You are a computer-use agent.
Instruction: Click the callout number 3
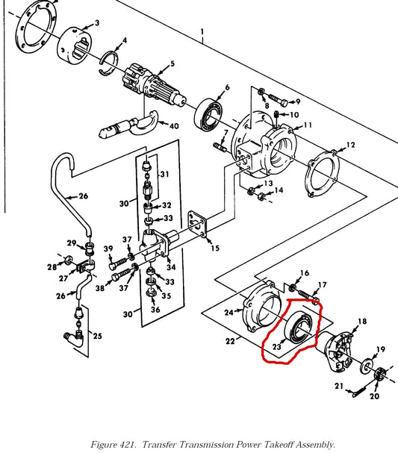(97, 22)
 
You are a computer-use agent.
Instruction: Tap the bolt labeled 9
(278, 100)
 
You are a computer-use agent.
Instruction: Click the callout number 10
(294, 115)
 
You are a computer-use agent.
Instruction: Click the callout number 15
(215, 248)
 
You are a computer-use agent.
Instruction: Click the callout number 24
(228, 312)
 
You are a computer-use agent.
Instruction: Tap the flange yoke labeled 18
(339, 350)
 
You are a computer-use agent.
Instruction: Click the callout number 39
(108, 249)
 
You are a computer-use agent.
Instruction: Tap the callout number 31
(164, 174)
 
